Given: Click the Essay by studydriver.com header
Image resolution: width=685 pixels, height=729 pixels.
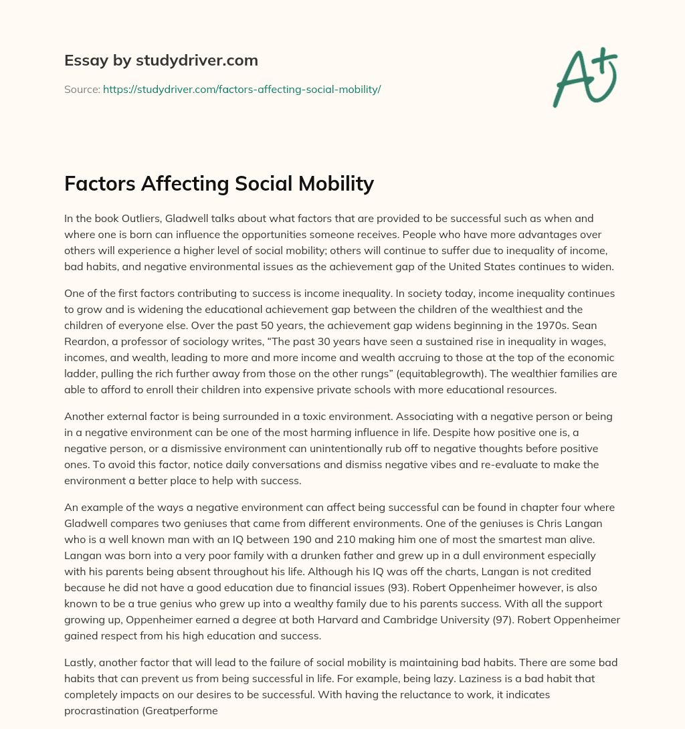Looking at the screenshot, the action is (x=161, y=60).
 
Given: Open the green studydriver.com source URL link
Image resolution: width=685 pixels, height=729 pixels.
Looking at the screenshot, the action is (x=241, y=89).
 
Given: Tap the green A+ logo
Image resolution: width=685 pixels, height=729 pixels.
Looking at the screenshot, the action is (x=585, y=78).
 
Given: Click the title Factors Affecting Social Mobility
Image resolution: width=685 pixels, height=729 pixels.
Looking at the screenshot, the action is (x=219, y=183).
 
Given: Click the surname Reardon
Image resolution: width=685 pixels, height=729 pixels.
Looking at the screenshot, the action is (x=85, y=340).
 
